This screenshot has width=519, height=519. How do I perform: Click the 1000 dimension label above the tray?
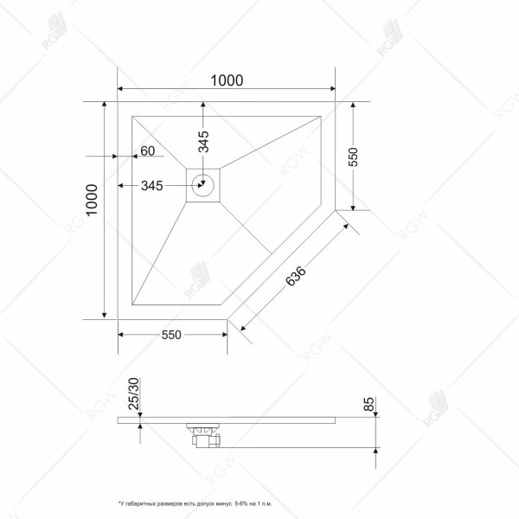point(227,80)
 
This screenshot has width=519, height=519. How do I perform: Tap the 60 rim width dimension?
point(147,152)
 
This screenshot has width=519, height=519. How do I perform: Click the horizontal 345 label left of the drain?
point(152,186)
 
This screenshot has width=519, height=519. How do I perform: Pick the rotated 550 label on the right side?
point(353,157)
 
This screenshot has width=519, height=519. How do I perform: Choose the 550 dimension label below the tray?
point(170,336)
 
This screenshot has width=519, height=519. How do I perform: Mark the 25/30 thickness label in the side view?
point(133,394)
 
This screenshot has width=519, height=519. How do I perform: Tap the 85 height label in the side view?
point(368,405)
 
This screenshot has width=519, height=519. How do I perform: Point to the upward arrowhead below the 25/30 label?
point(141,426)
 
